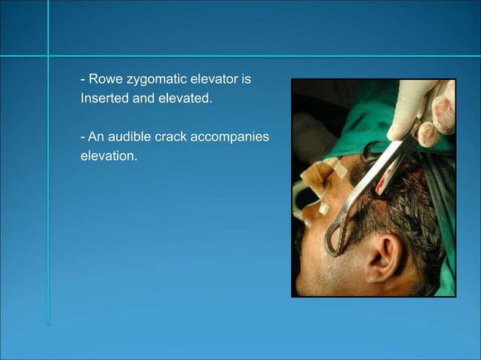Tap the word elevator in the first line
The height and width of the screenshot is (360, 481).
point(219,79)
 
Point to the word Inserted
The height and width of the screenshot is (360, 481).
point(104,98)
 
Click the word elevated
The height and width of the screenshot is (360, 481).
point(184,98)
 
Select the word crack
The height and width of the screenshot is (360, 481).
point(178,138)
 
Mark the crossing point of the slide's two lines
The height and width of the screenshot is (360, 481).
point(48,56)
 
